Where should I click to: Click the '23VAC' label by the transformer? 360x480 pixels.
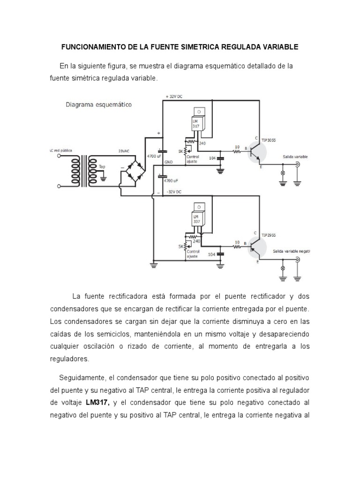[124, 151]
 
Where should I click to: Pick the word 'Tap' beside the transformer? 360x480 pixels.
[102, 166]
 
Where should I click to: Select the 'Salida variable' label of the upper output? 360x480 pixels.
[295, 157]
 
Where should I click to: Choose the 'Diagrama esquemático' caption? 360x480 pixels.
[98, 105]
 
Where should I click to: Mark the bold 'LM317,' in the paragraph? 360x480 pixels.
[97, 403]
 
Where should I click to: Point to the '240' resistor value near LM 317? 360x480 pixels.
[203, 143]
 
